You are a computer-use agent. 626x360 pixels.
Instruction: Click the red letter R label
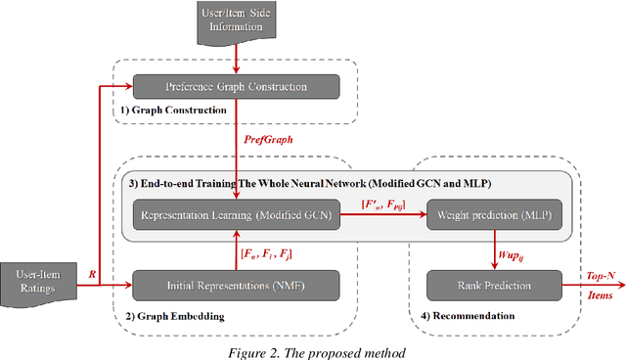(94, 275)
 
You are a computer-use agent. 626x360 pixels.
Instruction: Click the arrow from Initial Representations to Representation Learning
(236, 250)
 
